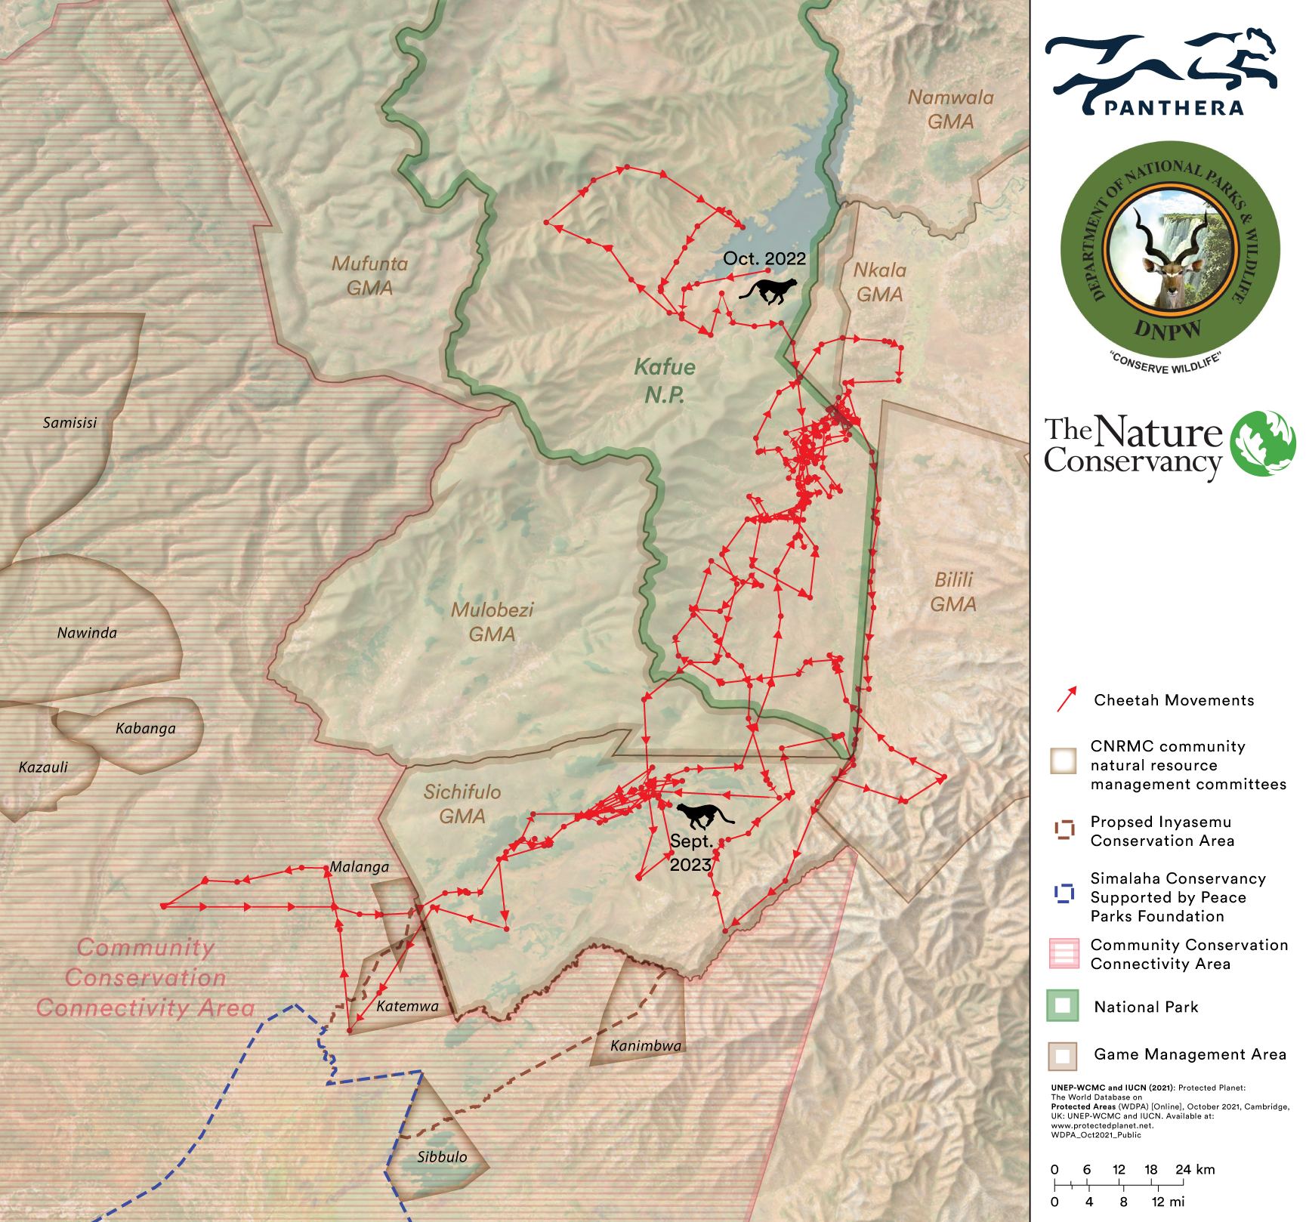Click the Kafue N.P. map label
[665, 381]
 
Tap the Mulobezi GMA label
[492, 622]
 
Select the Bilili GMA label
[953, 591]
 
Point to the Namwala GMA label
[950, 109]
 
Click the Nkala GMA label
[879, 282]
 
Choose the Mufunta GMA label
[369, 275]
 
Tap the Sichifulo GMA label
[462, 804]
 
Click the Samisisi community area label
[69, 422]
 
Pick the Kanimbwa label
[646, 1045]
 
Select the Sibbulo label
[442, 1156]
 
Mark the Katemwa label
[407, 1006]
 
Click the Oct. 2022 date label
[764, 258]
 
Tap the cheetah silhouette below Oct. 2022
[769, 290]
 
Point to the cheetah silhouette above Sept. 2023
[704, 816]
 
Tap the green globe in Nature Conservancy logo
[1262, 443]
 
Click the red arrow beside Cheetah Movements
[1067, 699]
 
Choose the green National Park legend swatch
[1062, 1006]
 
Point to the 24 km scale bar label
[1194, 1169]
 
